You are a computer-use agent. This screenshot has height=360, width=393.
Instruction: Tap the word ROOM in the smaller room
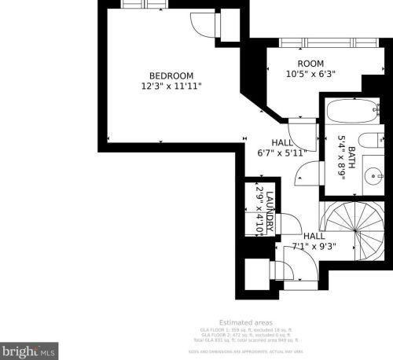(x=310, y=64)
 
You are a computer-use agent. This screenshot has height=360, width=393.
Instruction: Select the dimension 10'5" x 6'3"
(x=310, y=75)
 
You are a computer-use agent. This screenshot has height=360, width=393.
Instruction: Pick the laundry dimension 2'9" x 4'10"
(x=259, y=208)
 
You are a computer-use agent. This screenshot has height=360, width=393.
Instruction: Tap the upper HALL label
(x=281, y=142)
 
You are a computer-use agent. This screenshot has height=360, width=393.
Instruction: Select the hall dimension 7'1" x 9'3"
(x=314, y=247)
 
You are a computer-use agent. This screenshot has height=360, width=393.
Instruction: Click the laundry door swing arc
(x=285, y=224)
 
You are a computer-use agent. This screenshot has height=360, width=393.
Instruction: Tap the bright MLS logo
(x=29, y=347)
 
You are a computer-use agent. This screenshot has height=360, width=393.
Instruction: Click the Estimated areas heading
(x=245, y=321)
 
